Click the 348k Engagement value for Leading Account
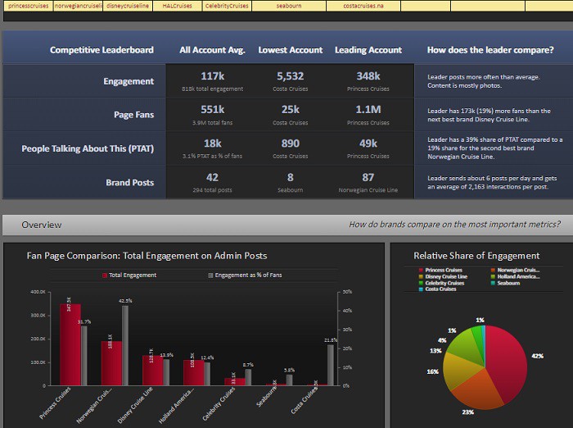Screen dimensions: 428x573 [368, 75]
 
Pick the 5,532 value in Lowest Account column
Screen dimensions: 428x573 [290, 75]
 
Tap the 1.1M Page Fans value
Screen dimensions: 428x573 [368, 109]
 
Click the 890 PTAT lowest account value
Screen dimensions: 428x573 [290, 143]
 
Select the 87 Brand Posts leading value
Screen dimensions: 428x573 [368, 177]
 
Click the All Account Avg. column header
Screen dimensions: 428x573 [212, 50]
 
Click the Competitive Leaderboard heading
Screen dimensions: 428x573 [102, 50]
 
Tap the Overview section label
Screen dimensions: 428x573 [41, 225]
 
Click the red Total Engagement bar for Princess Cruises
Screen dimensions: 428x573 [70, 344]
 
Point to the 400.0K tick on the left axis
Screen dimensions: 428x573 [38, 292]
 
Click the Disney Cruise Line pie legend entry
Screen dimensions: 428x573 [445, 276]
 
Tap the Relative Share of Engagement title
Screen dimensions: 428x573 [476, 256]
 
